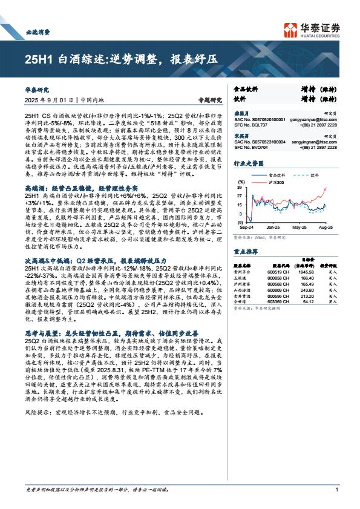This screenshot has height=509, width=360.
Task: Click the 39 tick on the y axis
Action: (239, 188)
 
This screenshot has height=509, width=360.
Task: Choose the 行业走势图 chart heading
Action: (248, 163)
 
